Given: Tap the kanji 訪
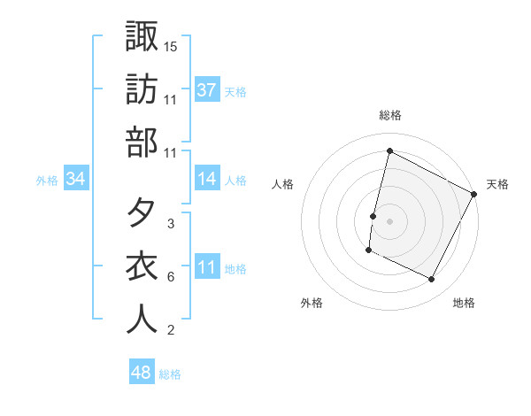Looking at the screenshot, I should [142, 89].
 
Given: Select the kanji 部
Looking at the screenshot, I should [142, 142].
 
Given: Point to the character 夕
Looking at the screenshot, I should [142, 213].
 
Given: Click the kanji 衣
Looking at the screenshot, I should [142, 266].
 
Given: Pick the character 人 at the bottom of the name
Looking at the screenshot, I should [142, 320].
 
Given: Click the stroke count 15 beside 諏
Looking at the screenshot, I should [172, 46].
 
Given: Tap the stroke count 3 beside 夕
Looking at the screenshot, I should [170, 224].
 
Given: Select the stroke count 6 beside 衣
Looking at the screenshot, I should [170, 277].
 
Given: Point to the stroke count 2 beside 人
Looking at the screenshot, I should [170, 330].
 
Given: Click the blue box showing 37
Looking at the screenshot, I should [207, 89].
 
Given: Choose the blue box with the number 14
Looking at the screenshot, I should [207, 179].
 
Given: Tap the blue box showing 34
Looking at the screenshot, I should [76, 179].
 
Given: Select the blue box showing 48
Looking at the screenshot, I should [142, 373].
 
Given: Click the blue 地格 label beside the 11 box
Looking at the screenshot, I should [235, 268].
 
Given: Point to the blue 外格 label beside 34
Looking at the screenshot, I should [47, 180].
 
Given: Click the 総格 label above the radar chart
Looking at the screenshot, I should [390, 115].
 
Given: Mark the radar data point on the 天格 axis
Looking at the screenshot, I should [475, 194].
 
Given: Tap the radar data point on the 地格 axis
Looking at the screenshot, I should [432, 280].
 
